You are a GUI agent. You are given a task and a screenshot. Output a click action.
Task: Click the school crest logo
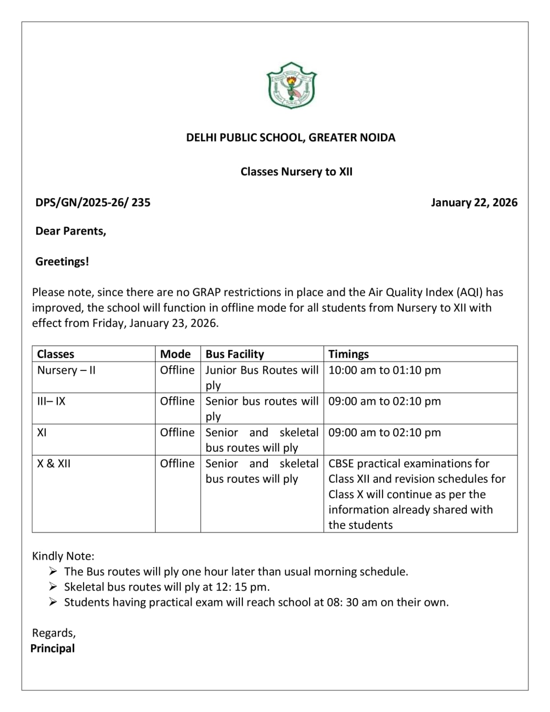pos(291,85)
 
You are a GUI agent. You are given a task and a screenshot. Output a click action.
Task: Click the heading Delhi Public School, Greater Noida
pos(291,138)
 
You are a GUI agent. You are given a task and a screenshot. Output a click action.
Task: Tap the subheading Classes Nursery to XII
pos(296,172)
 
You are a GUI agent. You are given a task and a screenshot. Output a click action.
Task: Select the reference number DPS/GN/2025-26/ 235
pos(93,202)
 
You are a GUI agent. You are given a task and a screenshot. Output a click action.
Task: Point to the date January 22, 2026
pos(474,202)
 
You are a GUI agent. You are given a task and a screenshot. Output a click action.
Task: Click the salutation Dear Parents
pos(71,231)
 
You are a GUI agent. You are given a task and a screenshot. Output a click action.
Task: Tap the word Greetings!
pos(62,262)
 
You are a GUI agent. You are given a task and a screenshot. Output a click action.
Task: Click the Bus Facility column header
pos(235,354)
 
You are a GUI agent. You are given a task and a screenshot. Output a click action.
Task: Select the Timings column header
pos(348,354)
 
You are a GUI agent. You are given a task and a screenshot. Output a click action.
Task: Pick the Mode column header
pos(175,354)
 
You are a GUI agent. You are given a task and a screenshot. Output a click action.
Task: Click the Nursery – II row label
pos(66,370)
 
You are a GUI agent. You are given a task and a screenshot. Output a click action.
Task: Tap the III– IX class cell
pos(51,401)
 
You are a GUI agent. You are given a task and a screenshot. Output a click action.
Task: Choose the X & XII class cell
pos(54,464)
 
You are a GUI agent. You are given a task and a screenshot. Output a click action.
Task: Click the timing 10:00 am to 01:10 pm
pos(384,370)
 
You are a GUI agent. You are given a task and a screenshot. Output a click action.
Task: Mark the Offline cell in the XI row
pos(177,433)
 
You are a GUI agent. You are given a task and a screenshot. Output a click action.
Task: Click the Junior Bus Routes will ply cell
pos(262,377)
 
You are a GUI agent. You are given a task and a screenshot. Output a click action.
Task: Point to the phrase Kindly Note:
pos(63,556)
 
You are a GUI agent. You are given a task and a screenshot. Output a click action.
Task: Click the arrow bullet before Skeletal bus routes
pos(53,587)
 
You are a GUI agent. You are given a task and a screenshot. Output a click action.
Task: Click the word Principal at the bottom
pos(53,648)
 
